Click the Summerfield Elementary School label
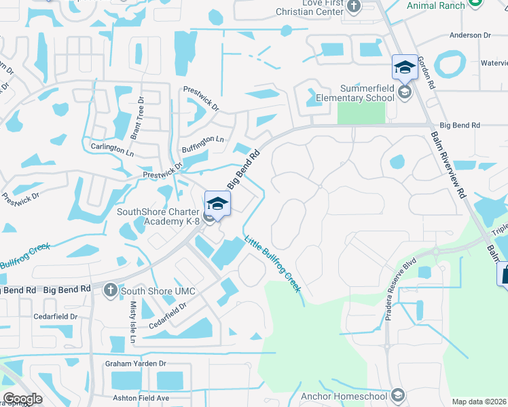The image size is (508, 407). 367,93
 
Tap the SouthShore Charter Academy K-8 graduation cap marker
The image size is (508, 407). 217,203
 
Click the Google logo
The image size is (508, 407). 22,398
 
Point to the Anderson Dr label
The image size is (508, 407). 470,35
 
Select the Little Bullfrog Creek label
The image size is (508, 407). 272,264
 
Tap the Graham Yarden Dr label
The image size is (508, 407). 135,364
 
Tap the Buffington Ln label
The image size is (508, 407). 202,140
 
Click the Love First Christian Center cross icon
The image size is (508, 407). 353,7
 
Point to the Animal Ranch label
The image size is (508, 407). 436,5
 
